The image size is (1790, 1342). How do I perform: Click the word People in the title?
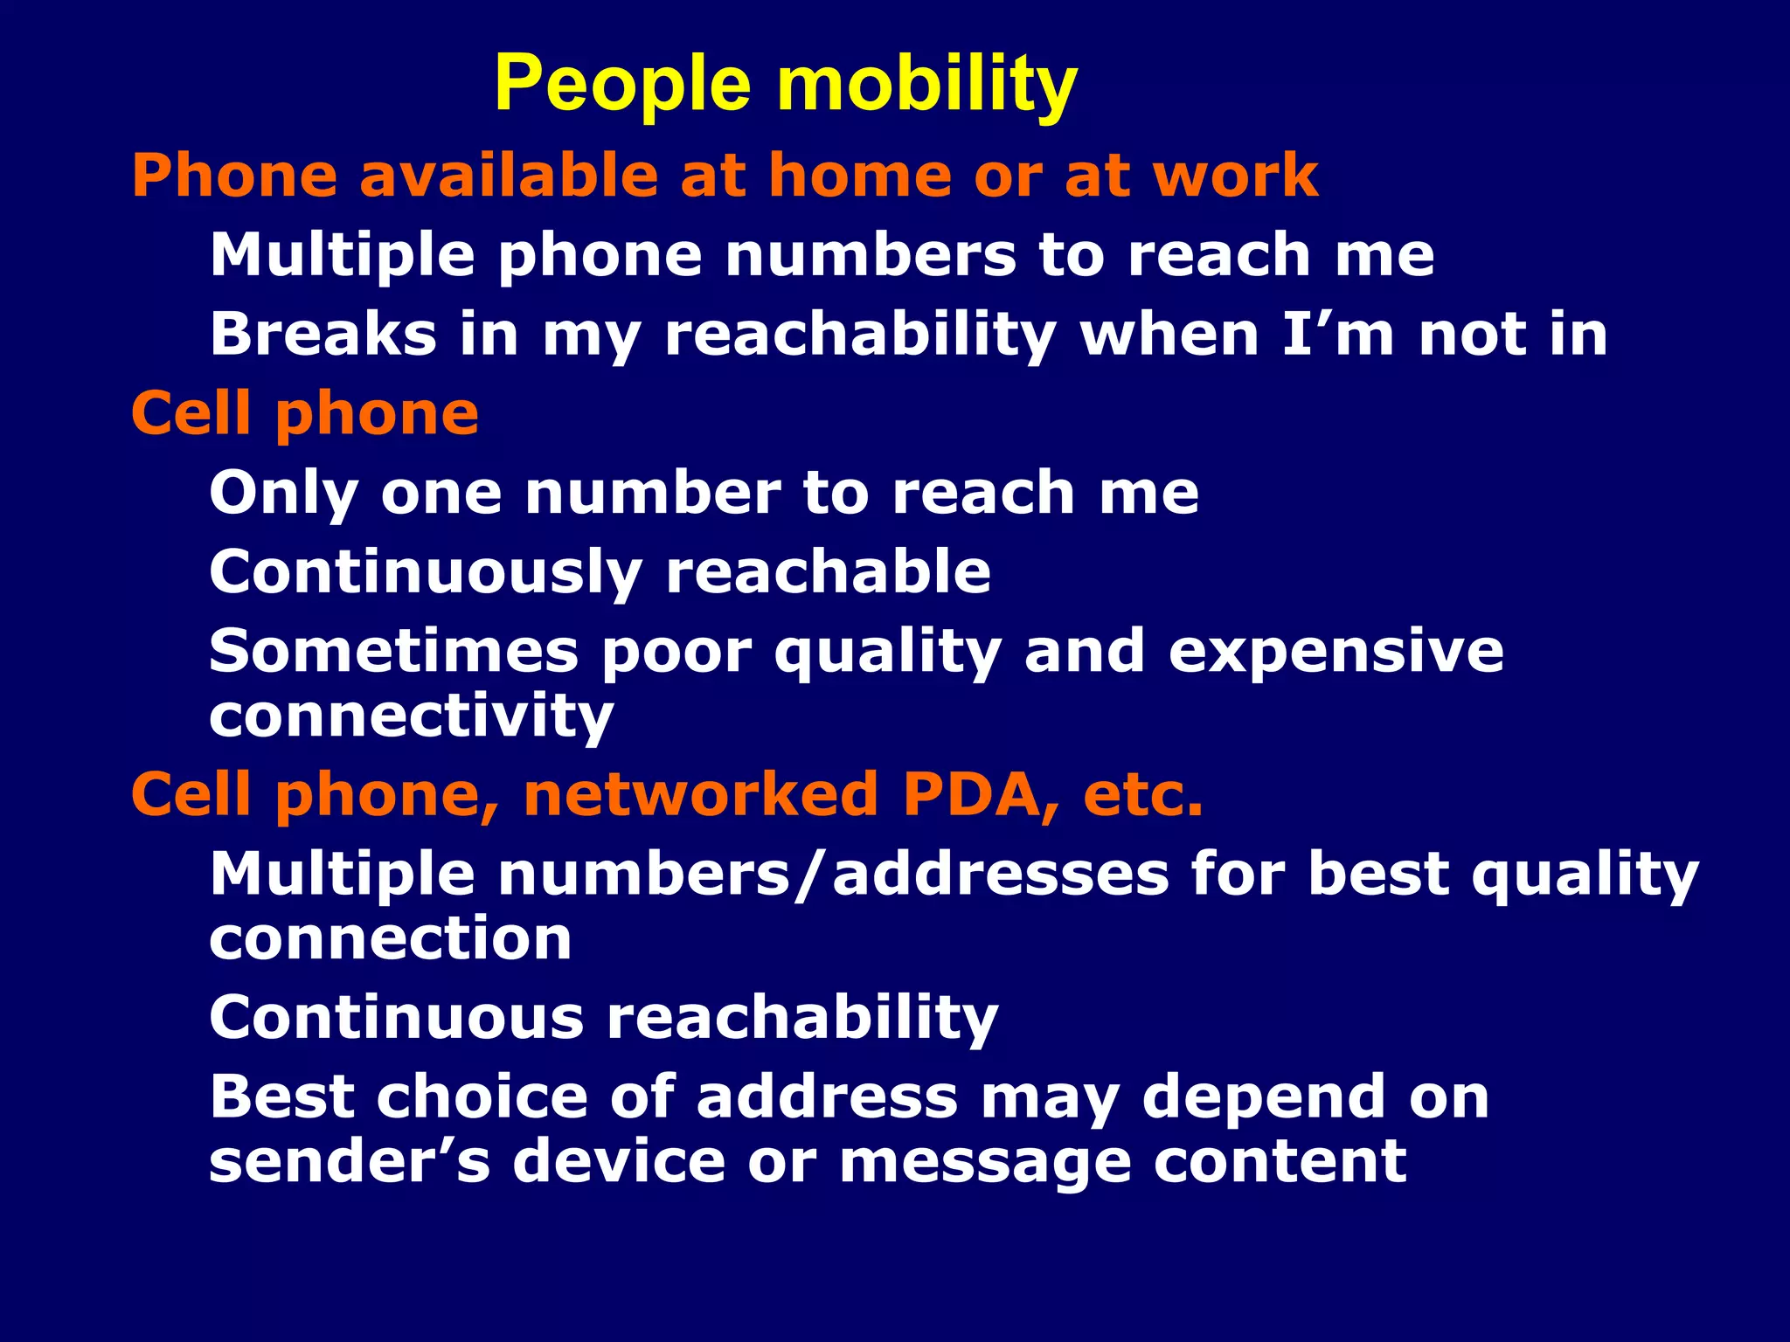622,86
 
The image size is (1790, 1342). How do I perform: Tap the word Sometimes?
393,652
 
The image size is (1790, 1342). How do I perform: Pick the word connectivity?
411,716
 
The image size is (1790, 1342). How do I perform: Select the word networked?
700,795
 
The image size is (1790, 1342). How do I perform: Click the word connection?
391,939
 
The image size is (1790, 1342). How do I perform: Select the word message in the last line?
984,1162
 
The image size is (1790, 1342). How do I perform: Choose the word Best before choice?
281,1097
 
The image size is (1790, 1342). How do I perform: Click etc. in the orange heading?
1143,795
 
